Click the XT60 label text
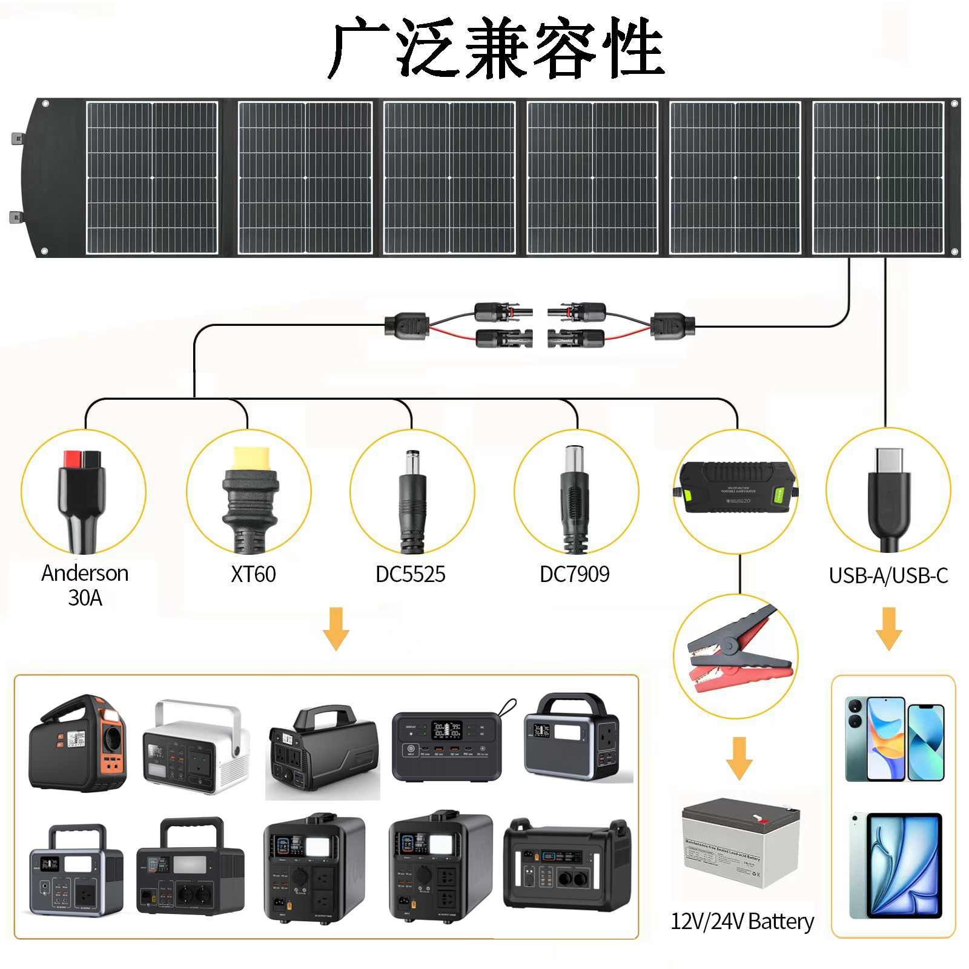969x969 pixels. point(253,574)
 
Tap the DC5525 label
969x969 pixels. point(410,574)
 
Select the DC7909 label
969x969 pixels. point(574,574)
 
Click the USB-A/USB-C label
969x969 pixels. point(888,575)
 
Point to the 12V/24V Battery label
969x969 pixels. point(742,921)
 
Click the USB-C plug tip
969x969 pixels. point(888,460)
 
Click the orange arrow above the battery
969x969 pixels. point(739,758)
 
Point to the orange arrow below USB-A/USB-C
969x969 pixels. point(888,629)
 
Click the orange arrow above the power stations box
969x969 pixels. point(336,629)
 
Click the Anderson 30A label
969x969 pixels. point(85,585)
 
